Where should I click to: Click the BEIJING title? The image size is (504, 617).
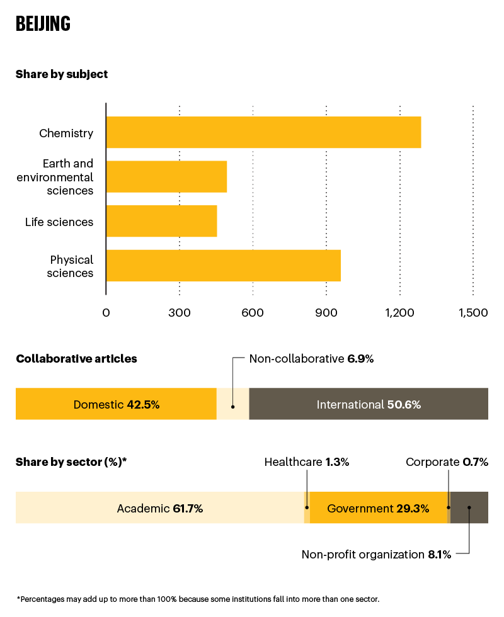[x=43, y=24]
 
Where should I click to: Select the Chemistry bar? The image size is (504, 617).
[x=263, y=132]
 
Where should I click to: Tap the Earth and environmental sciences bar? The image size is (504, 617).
[x=166, y=176]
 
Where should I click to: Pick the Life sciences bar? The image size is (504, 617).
[x=161, y=221]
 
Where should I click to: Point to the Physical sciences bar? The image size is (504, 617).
[x=223, y=266]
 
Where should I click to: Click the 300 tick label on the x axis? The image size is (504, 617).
[x=180, y=313]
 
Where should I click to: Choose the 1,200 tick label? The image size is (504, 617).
[x=399, y=313]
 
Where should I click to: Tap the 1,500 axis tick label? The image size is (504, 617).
[x=472, y=313]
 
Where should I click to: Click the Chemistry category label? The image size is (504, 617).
[x=66, y=133]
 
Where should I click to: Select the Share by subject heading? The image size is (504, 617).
[x=62, y=74]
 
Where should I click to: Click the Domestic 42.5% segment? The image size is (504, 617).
[x=116, y=404]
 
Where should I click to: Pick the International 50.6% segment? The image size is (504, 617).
[x=369, y=404]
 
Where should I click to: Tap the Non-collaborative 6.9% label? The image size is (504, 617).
[x=311, y=359]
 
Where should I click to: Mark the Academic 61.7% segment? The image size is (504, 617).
[x=160, y=508]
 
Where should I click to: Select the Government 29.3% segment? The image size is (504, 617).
[x=378, y=508]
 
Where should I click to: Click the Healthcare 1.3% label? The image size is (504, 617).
[x=306, y=462]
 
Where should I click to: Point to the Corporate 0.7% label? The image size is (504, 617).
[x=447, y=462]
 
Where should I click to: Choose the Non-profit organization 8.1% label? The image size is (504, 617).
[x=375, y=555]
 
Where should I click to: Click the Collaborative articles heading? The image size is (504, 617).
[x=76, y=359]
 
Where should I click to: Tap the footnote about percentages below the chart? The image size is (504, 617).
[x=198, y=599]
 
